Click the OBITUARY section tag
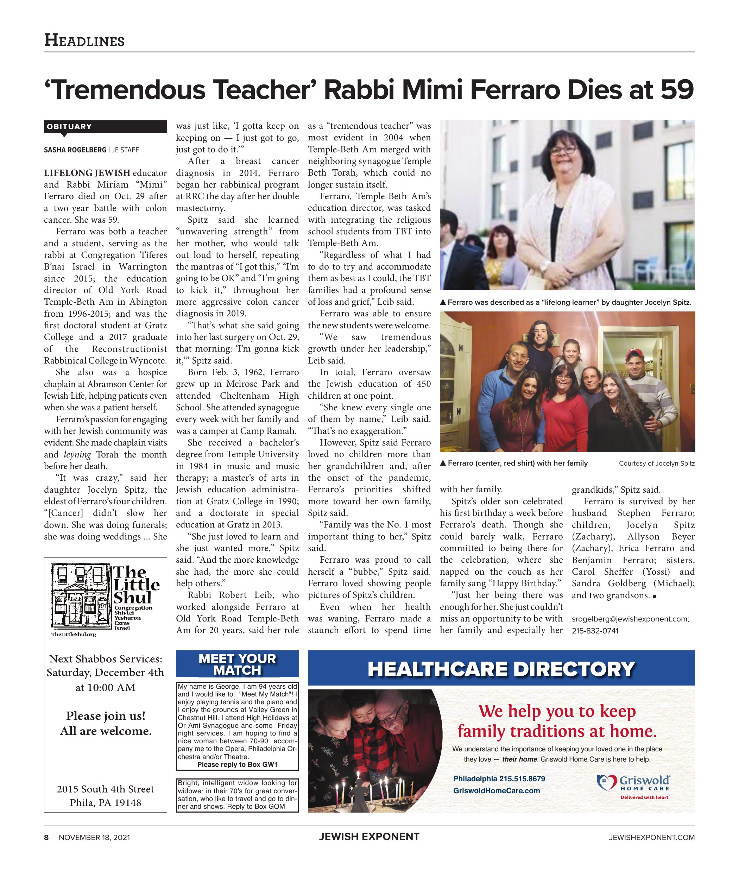69,127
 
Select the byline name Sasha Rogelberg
75,150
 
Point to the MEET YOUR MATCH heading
237,664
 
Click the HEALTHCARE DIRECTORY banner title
501,669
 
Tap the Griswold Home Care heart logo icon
607,782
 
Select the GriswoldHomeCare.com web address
497,790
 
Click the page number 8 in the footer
46,838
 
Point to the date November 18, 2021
94,838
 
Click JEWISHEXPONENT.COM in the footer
652,838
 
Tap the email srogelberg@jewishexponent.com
630,619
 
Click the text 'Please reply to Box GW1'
237,765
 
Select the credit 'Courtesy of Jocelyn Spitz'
656,463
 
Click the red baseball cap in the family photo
636,356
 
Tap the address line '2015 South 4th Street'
106,789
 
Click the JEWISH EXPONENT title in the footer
369,837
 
